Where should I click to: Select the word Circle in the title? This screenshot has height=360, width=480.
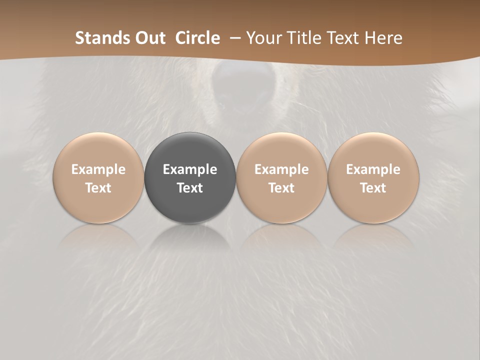click(197, 38)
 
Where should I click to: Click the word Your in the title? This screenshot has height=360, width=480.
click(263, 38)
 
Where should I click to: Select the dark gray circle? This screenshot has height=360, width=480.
click(190, 210)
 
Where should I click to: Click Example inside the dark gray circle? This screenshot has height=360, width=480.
click(190, 169)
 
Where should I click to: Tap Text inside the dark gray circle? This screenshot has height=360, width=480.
click(190, 188)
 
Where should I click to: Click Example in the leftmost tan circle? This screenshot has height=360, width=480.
click(98, 169)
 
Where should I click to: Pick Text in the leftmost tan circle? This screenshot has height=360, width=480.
click(98, 188)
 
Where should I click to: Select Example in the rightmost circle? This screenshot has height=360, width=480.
click(373, 169)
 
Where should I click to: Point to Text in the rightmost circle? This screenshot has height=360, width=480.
click(373, 188)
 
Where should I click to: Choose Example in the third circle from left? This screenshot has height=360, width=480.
click(281, 169)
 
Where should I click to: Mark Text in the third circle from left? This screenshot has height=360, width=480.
click(281, 188)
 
